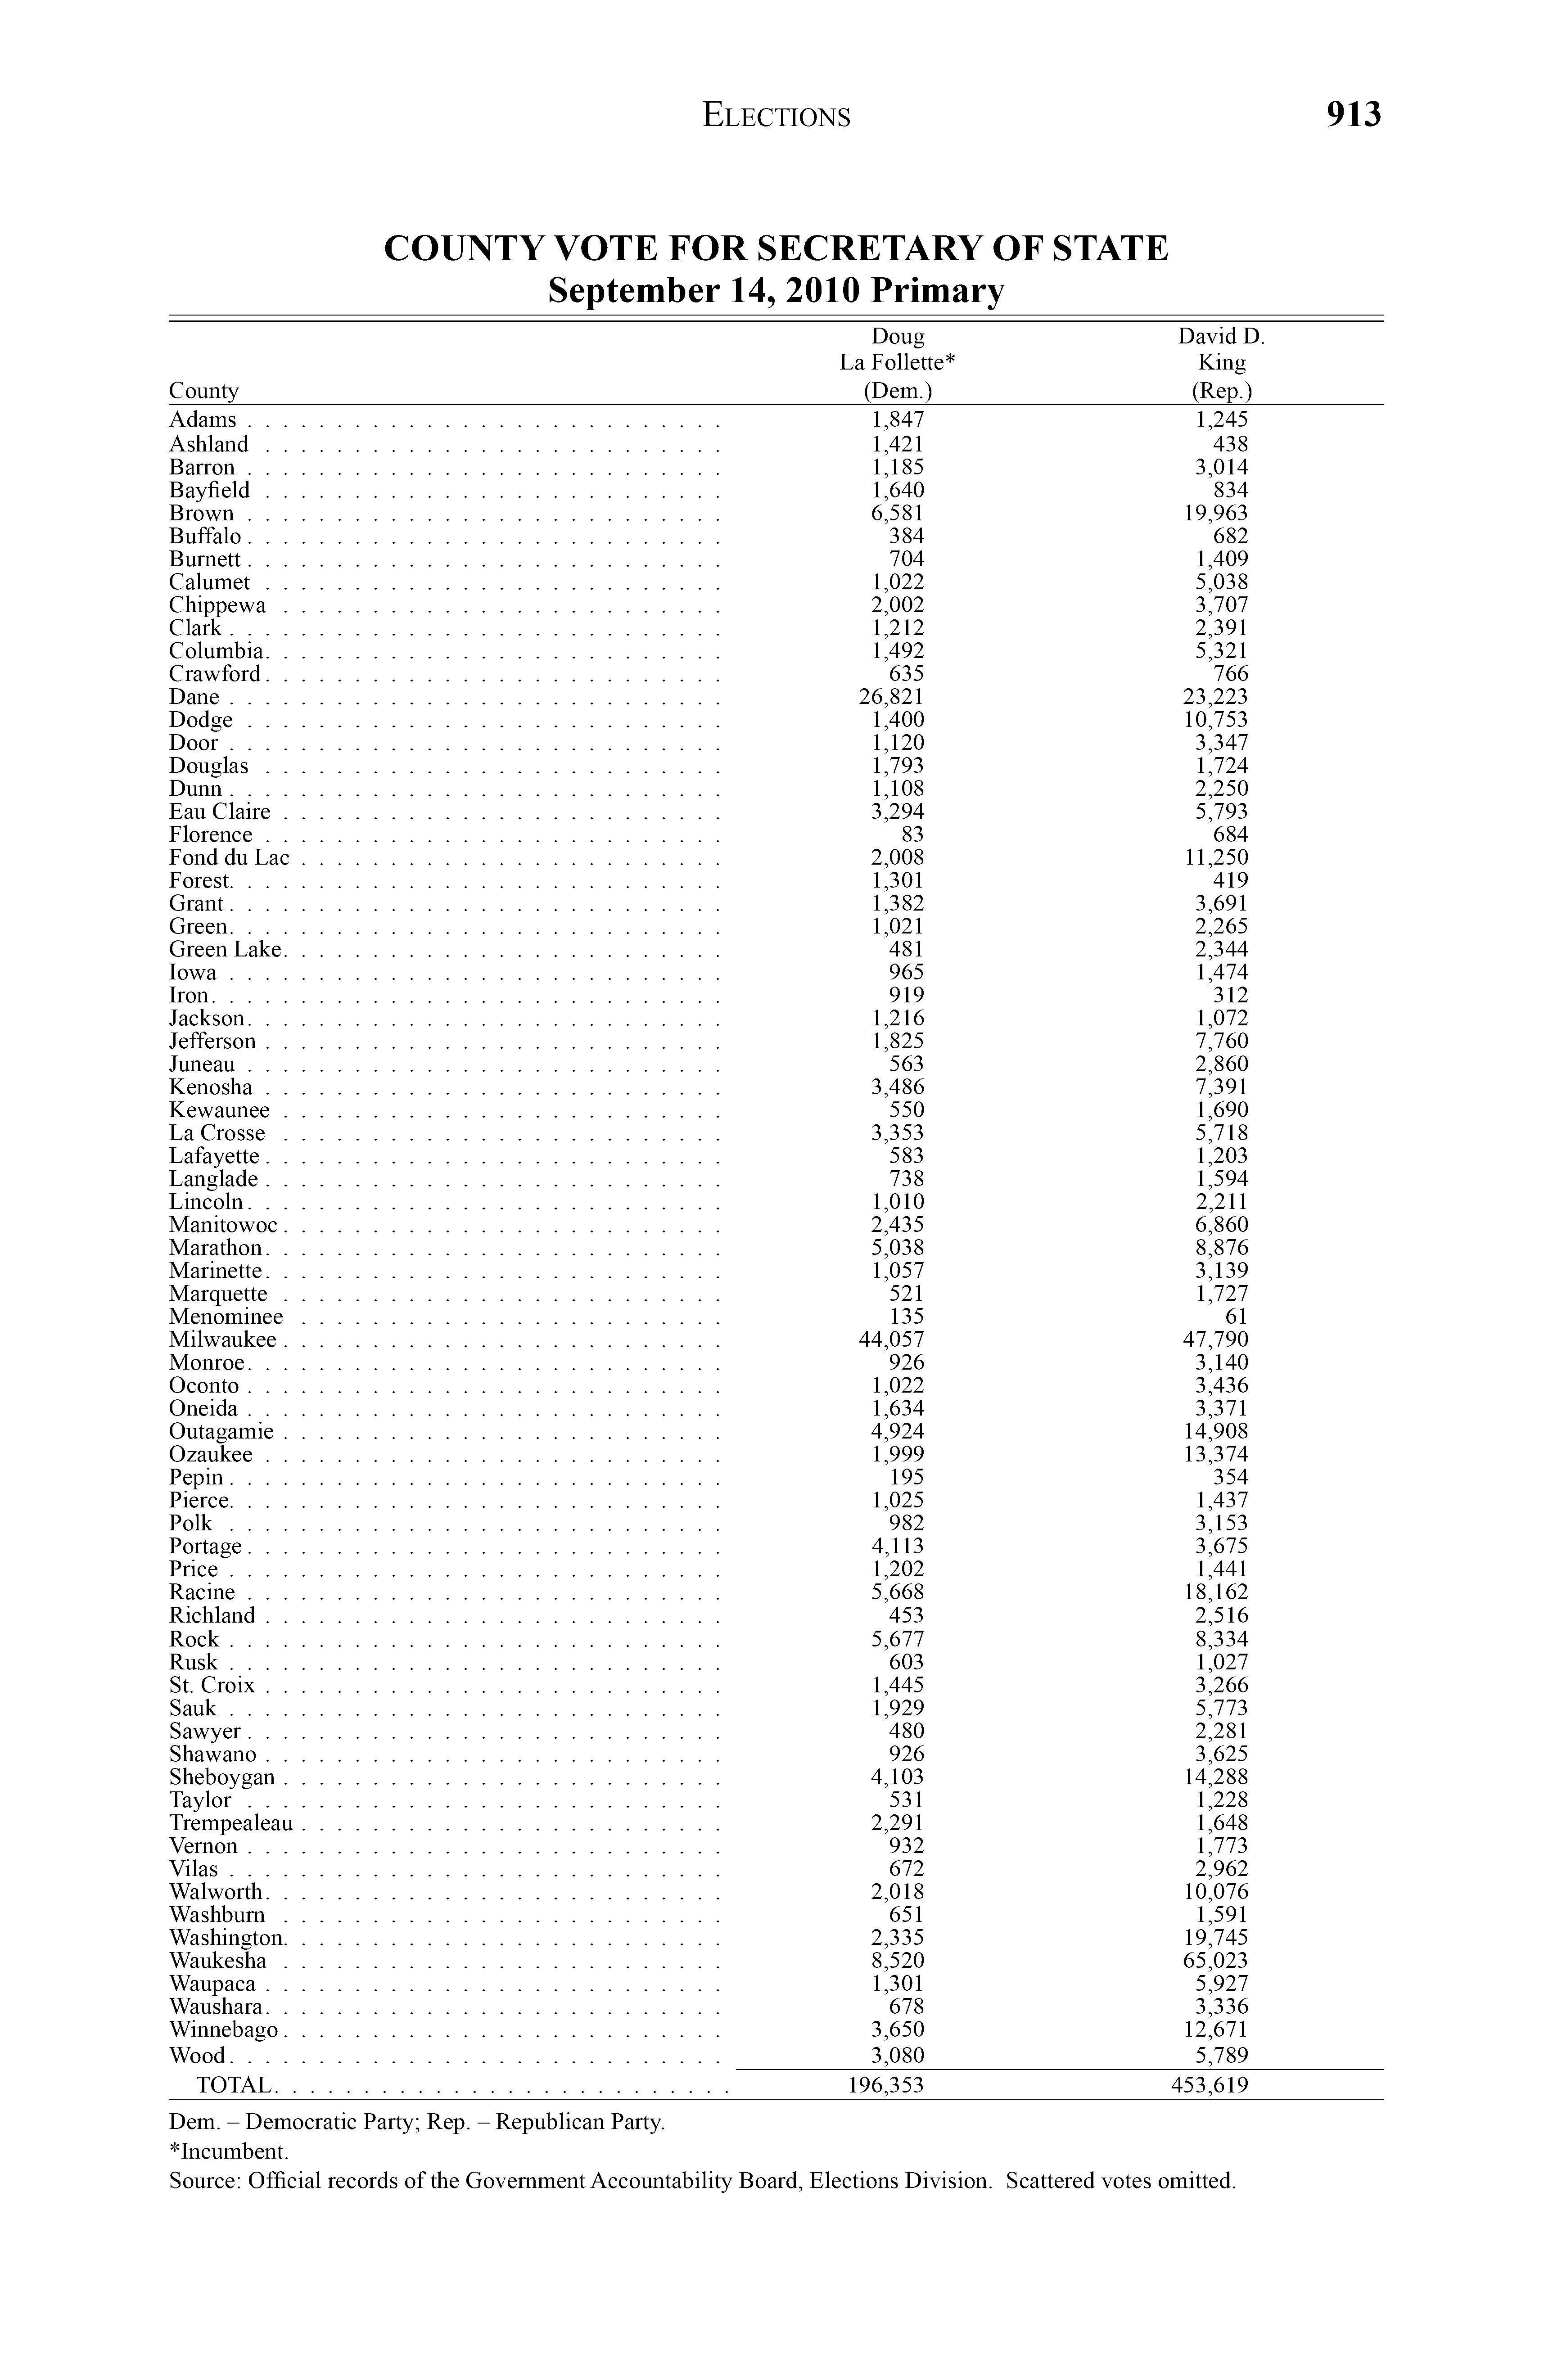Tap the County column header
pyautogui.click(x=203, y=390)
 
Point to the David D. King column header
pyautogui.click(x=1220, y=362)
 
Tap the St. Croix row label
pyautogui.click(x=212, y=1685)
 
